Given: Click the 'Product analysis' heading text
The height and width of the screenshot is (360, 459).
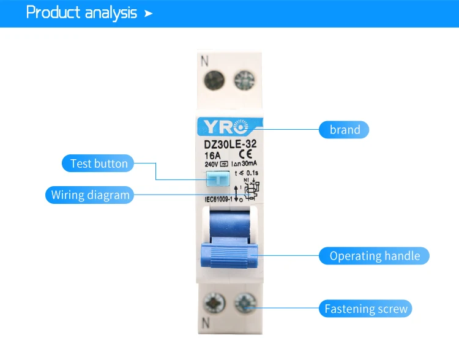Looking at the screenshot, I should point(81,13).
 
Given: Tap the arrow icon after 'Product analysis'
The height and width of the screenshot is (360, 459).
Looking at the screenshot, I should point(148,13).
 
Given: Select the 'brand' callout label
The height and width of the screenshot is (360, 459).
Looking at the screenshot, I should point(345,129).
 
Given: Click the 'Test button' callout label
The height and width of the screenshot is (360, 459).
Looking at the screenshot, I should point(99,163).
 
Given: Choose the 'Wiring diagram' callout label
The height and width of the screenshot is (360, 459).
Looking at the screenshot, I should point(90,195).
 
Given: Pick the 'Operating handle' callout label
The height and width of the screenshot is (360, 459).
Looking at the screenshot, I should point(375,256).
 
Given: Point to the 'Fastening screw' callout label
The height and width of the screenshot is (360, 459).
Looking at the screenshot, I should point(365,309).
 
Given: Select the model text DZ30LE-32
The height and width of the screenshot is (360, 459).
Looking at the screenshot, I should point(229,144).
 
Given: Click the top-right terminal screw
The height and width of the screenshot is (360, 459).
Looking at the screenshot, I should point(244,80).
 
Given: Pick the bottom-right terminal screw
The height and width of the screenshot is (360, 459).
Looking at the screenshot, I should point(244,301).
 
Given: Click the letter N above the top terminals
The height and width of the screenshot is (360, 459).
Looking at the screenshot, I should point(205,61).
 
